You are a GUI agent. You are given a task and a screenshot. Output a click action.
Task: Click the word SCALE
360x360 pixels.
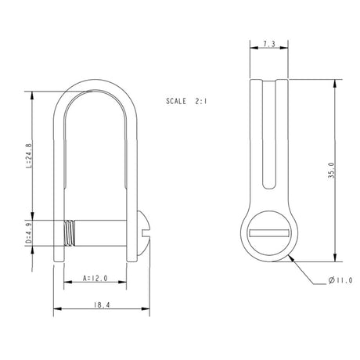click(178, 102)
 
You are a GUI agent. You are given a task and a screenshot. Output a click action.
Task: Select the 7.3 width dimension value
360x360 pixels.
click(268, 45)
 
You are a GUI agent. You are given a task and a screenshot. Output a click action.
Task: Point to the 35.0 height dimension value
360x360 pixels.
click(332, 171)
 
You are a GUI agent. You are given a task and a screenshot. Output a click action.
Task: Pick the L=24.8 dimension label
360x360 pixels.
click(29, 157)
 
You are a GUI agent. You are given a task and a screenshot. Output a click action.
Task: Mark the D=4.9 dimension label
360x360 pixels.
click(29, 234)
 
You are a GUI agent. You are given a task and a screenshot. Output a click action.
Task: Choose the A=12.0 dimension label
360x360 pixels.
click(94, 278)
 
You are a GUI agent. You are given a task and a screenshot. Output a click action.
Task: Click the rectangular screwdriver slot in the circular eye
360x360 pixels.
click(268, 232)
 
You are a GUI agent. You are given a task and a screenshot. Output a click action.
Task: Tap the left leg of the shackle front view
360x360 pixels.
click(57, 172)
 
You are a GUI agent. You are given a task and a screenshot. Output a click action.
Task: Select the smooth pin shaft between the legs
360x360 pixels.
click(102, 233)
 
